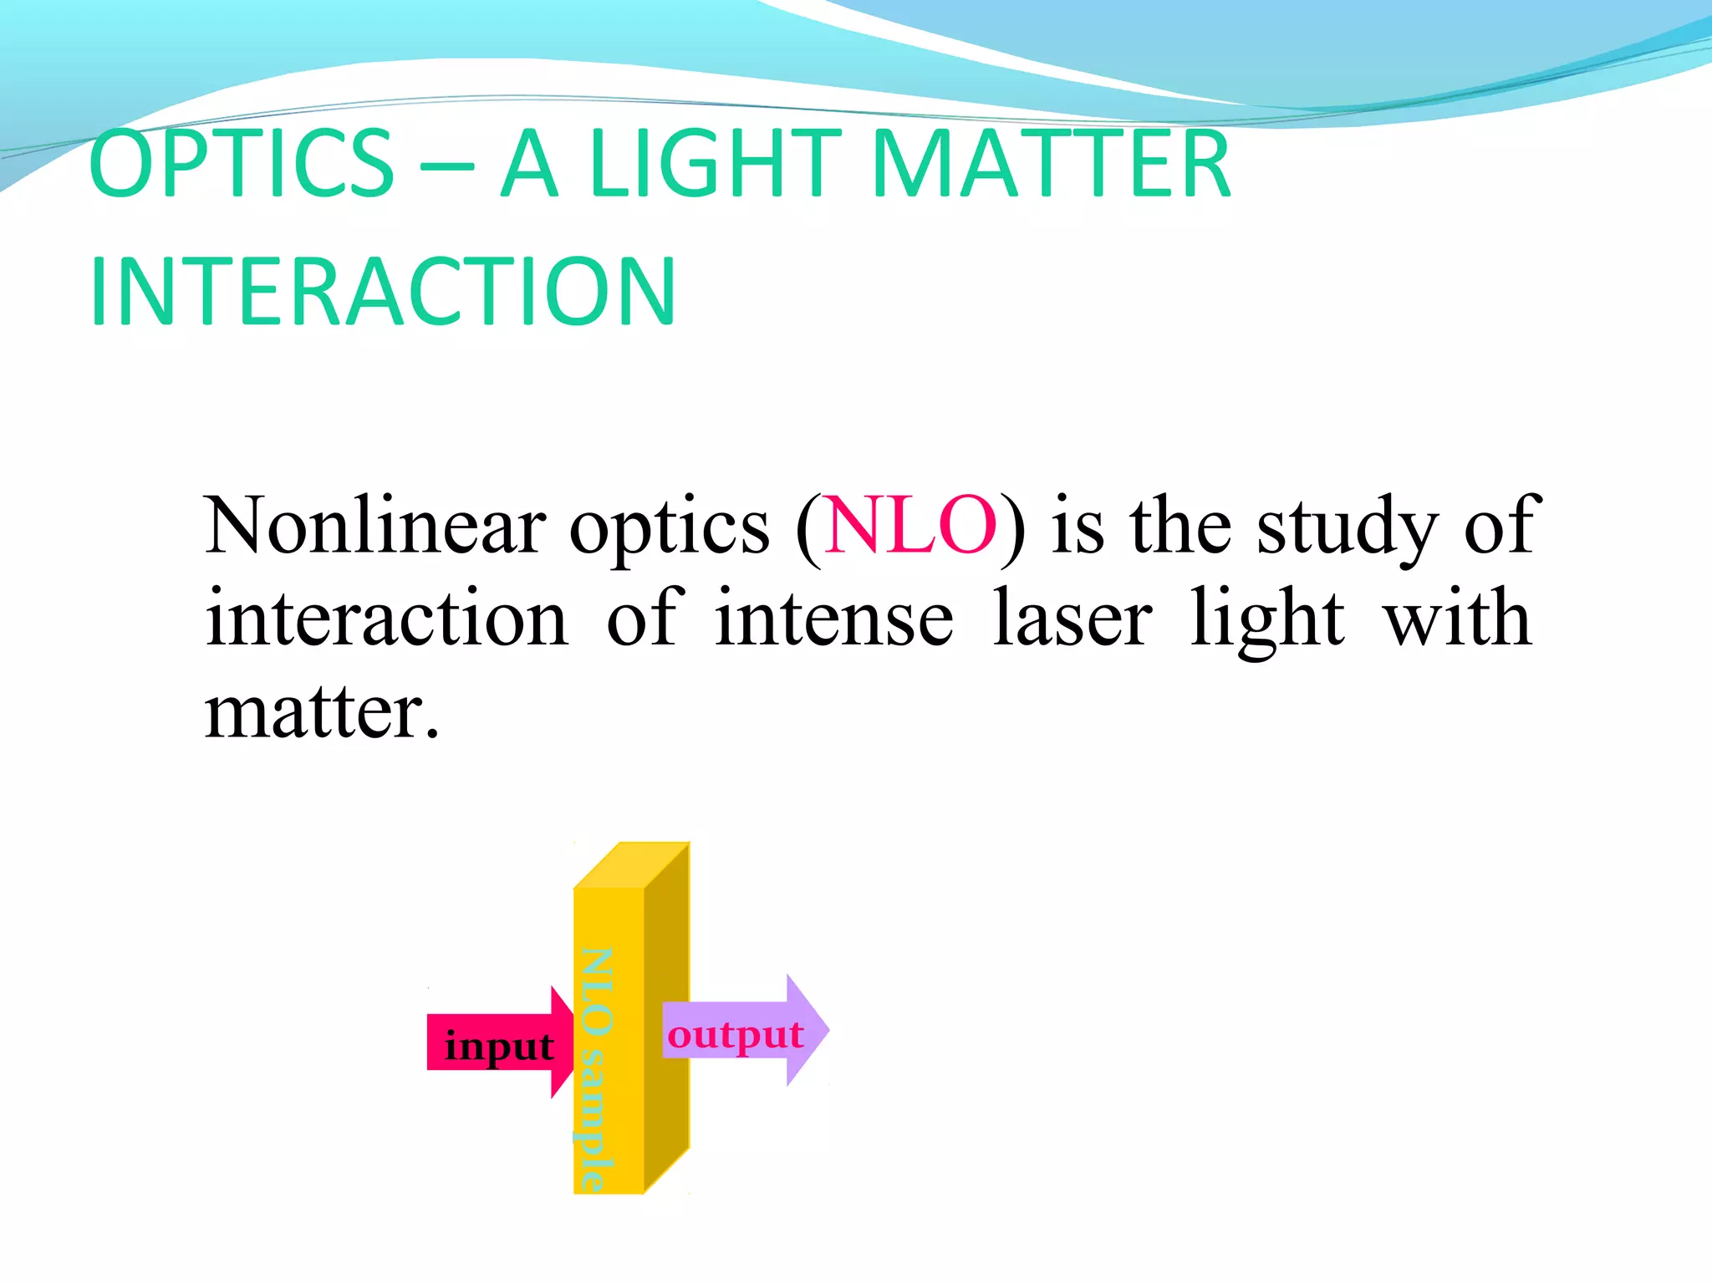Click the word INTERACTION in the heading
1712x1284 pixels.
pos(382,292)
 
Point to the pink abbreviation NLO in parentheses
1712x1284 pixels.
pos(910,526)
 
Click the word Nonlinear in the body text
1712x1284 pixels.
pos(375,526)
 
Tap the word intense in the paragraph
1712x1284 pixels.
pos(833,618)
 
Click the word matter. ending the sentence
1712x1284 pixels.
pos(322,711)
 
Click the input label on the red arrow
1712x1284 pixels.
pos(499,1046)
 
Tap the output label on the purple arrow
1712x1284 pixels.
pos(735,1035)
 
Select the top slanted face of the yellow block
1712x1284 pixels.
pos(632,866)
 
